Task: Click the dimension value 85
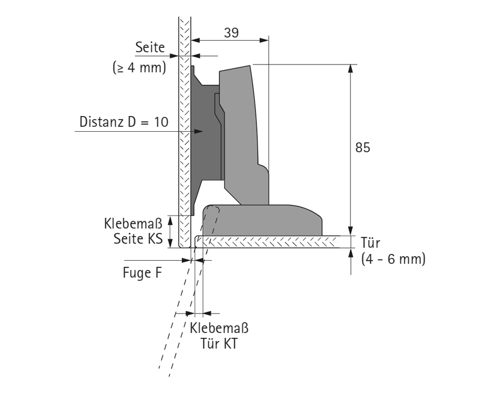362,148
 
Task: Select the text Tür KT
219,344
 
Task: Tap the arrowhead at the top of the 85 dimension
350,68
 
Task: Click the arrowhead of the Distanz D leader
199,132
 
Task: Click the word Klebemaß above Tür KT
219,328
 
